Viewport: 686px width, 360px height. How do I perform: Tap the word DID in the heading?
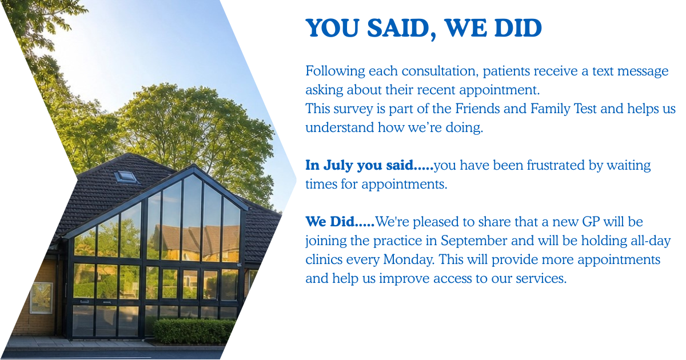(518, 28)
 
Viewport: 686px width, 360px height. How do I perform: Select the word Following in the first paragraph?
(335, 71)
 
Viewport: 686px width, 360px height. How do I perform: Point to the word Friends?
(477, 109)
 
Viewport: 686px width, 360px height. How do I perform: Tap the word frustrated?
(556, 165)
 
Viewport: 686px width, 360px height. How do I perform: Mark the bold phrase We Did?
(330, 222)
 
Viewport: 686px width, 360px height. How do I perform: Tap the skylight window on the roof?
(126, 177)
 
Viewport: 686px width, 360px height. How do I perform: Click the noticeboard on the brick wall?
(41, 298)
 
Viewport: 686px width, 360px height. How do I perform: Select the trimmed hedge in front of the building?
(194, 331)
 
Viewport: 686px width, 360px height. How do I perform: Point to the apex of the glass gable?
(194, 166)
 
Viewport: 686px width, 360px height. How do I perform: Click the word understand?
(340, 127)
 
